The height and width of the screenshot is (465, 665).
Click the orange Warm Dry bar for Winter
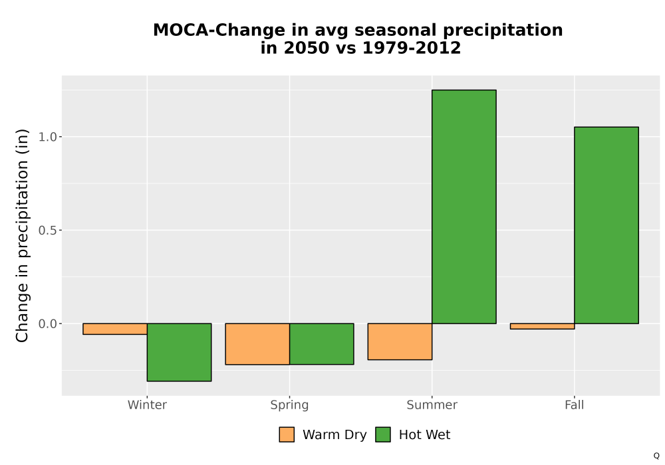point(115,329)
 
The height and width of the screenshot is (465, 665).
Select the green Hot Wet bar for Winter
point(179,352)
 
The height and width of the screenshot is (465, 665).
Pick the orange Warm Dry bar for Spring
point(257,344)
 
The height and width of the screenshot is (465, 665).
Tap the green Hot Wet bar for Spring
point(321,344)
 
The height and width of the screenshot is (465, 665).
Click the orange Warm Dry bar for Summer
point(400,341)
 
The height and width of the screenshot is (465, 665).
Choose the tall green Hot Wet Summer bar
point(464,207)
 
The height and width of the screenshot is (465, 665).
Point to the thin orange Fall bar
point(543,326)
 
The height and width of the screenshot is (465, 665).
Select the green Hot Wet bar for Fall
point(606,225)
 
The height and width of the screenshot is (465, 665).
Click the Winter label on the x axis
point(147,405)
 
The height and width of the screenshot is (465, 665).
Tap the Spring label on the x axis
point(290,405)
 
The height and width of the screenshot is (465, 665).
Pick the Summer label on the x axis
point(432,405)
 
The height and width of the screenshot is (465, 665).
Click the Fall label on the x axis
point(575,405)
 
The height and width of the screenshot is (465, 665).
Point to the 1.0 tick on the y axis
point(47,137)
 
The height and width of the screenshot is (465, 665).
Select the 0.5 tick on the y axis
point(47,231)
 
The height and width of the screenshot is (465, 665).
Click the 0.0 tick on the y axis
point(47,324)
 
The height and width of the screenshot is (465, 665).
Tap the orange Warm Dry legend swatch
point(287,434)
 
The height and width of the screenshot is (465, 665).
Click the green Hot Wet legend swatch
point(383,434)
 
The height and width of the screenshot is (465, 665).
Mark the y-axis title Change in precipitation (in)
point(22,235)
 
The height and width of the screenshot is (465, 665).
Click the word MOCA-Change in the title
point(219,31)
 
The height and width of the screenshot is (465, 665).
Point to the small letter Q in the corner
point(656,456)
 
